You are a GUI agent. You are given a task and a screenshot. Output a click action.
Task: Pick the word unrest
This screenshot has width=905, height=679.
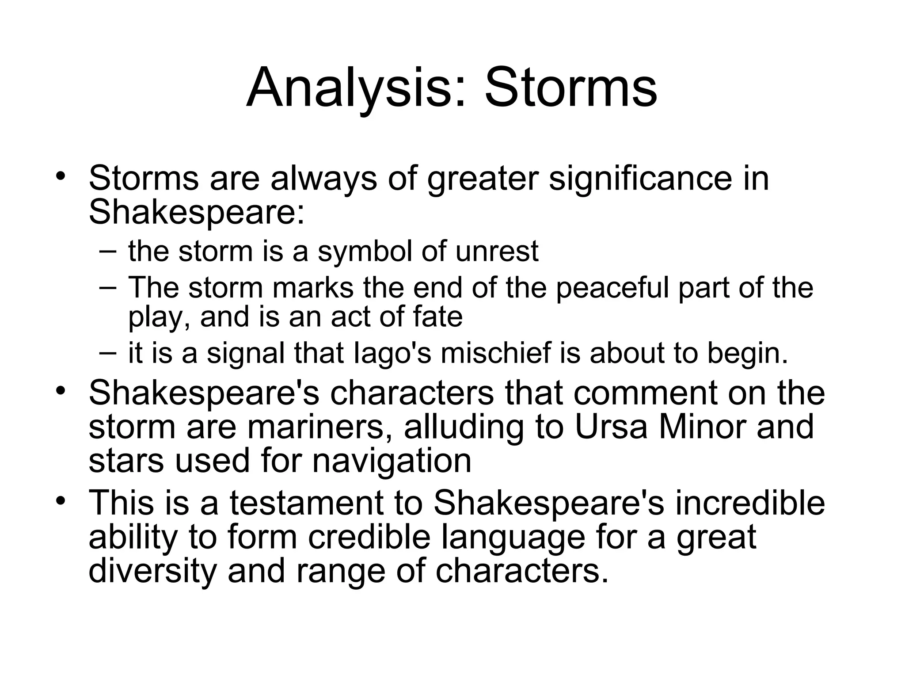click(x=497, y=251)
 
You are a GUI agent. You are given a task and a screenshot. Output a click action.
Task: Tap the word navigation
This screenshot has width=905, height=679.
click(x=392, y=460)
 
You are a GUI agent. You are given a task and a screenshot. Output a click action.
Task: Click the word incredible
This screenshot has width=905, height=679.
click(x=750, y=503)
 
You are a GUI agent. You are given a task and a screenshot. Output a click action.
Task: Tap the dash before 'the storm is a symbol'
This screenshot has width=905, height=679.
click(x=108, y=251)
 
